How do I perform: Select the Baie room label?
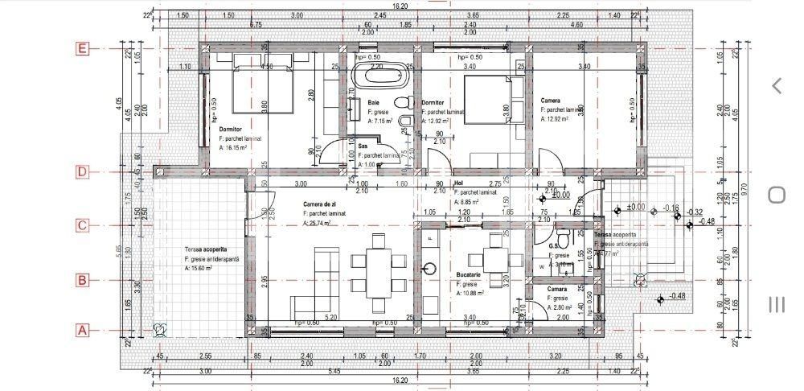pos(374,103)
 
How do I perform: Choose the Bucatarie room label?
pos(469,284)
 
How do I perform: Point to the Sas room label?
pos(363,146)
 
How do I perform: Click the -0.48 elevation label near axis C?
pos(707,222)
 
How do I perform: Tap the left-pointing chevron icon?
pos(777,85)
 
